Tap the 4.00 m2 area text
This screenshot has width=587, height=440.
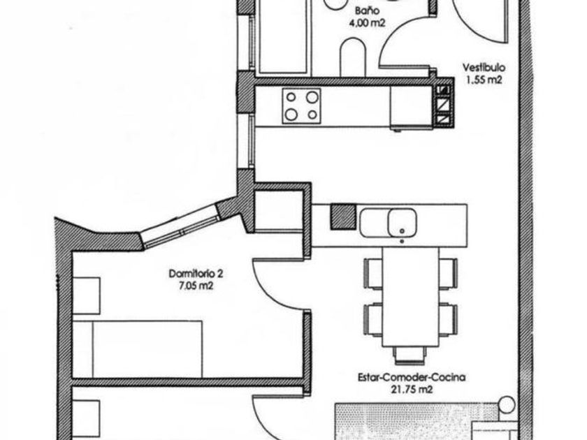367,23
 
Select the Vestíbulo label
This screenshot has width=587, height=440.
484,68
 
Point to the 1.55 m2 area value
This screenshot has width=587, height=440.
484,80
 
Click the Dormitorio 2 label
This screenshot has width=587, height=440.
196,274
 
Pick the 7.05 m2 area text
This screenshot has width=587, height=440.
196,286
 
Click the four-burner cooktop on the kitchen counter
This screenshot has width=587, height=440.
301,106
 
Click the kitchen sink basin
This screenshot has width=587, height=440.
402,223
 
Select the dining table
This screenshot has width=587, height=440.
410,297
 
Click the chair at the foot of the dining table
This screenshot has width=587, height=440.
410,355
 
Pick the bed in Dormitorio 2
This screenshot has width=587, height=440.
138,349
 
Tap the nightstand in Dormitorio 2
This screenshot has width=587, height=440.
86,295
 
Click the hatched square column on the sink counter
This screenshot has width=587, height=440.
342,217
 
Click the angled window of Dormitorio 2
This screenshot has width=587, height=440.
181,225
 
